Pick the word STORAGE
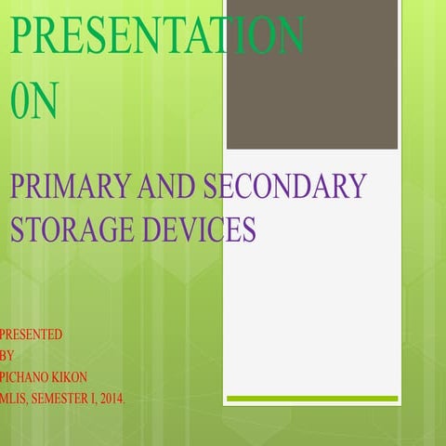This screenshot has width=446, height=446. [x=63, y=228]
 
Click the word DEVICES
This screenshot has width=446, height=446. [x=190, y=228]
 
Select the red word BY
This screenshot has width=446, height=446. [x=7, y=355]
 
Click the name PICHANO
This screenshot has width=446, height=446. [x=28, y=377]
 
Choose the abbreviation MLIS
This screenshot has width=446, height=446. [x=14, y=399]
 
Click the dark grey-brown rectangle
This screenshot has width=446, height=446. [x=312, y=74]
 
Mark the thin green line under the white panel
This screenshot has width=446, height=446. [x=312, y=399]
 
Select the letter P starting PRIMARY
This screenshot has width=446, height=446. [x=17, y=187]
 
